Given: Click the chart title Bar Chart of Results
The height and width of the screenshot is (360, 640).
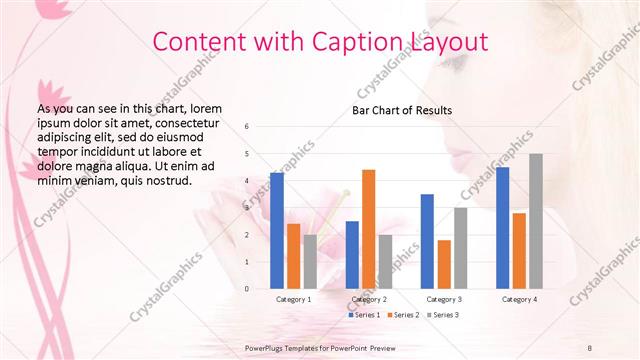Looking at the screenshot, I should (401, 110).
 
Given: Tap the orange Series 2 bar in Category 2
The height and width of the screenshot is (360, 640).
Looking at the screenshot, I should (368, 229).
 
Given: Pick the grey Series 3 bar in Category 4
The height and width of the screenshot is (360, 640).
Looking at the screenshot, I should (536, 221).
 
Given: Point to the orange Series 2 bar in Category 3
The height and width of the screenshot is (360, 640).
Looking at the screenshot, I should (444, 264).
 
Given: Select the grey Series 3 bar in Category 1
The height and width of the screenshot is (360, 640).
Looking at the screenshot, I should (310, 261).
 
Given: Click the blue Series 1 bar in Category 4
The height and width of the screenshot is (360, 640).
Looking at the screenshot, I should (502, 227).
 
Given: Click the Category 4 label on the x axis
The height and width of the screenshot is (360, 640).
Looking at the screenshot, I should (519, 299).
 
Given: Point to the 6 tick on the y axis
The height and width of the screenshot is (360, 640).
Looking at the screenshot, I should (247, 127).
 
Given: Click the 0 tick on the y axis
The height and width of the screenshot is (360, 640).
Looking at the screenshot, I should (247, 289).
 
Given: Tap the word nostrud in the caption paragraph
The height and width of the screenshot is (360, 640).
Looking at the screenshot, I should (167, 180).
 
